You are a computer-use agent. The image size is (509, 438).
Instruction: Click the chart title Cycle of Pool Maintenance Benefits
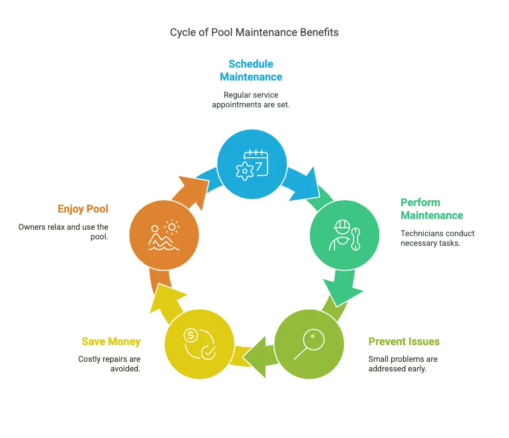254,33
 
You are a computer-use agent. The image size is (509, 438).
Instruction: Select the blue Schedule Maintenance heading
251,70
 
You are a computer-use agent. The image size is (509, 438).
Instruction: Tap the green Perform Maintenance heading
432,209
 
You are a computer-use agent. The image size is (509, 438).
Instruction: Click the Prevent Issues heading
404,341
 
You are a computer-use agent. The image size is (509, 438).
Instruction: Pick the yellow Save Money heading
111,341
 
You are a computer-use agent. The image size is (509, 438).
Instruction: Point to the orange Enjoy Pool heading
83,209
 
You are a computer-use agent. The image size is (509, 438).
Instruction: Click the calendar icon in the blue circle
257,163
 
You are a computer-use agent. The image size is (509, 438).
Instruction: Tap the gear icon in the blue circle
245,171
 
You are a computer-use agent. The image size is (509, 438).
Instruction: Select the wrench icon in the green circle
356,239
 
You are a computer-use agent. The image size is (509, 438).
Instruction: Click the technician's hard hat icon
342,227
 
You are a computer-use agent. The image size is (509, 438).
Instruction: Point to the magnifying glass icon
309,344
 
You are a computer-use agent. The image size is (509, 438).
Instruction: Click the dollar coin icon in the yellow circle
190,335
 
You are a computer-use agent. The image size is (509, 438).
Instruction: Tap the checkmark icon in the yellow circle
208,353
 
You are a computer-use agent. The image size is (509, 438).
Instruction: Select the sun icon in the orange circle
172,227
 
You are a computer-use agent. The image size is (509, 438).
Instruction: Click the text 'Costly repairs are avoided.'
109,364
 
